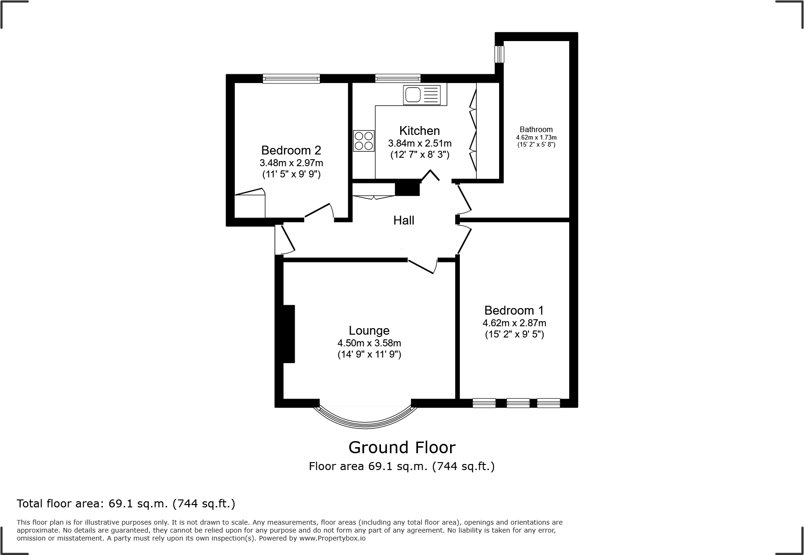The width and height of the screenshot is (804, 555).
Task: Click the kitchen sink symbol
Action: point(422,95)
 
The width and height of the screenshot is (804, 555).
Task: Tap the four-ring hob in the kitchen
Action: point(364,141)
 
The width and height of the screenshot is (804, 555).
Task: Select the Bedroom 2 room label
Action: point(291,150)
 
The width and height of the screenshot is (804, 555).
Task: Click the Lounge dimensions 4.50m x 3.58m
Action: point(369,343)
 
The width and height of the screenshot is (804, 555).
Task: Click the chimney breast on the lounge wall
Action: point(289,333)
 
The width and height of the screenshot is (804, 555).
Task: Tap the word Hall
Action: point(403,220)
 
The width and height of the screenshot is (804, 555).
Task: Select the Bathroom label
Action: point(536,130)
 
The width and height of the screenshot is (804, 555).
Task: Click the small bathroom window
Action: point(500,54)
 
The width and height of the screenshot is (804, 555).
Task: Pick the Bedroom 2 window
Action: point(291,78)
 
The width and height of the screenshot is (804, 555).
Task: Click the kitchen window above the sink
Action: point(397,78)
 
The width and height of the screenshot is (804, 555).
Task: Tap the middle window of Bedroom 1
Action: point(518,402)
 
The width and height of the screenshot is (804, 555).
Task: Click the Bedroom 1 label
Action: point(514,310)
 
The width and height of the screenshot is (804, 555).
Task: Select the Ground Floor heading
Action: point(402,448)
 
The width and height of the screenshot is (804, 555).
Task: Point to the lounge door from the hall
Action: point(422,266)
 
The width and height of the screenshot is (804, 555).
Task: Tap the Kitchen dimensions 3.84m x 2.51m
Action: point(419,143)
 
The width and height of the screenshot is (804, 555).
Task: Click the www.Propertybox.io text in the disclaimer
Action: point(332,538)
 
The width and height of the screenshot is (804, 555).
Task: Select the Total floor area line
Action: point(126,504)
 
